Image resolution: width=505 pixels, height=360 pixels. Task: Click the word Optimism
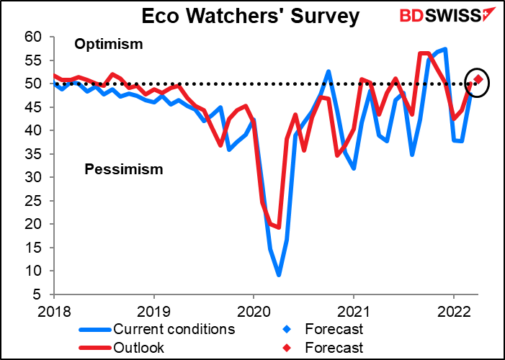[109, 45]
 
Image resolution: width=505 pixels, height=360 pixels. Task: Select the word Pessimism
[123, 170]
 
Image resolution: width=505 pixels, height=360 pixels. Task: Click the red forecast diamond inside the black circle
[478, 79]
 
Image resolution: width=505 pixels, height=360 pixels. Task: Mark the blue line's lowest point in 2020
[278, 275]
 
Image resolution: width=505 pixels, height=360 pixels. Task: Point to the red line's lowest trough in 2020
[278, 227]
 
